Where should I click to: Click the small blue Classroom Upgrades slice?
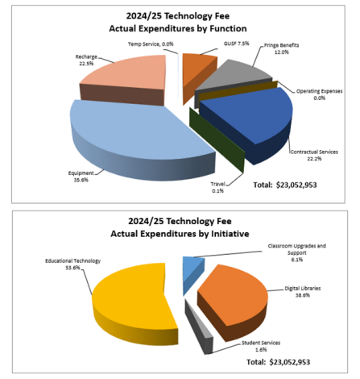191,266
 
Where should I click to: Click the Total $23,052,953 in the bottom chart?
288,362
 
